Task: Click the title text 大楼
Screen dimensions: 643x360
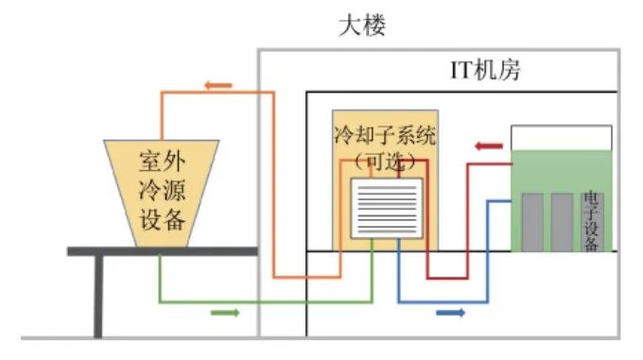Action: point(362,26)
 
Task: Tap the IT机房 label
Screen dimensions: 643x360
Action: point(483,71)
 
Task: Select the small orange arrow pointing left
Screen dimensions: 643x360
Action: point(218,85)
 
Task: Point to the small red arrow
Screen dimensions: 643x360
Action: point(489,146)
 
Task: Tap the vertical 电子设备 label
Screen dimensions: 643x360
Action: point(590,221)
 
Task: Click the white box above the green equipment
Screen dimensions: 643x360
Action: point(561,138)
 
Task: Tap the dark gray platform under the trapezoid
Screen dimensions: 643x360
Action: point(162,251)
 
